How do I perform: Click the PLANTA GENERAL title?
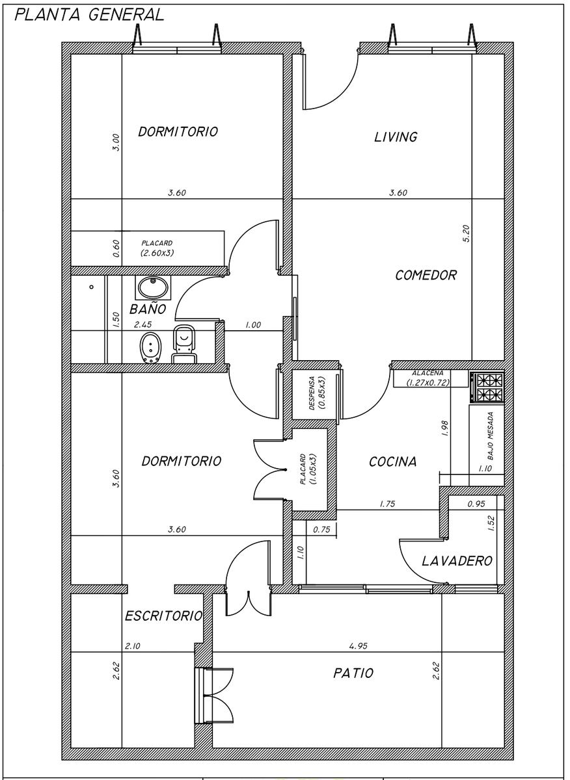89,15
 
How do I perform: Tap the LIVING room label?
396,137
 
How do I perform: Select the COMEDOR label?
426,276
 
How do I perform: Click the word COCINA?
392,461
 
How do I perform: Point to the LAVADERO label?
457,561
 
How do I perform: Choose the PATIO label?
353,673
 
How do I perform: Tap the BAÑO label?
148,309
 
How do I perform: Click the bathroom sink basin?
153,287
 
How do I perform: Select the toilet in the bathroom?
184,344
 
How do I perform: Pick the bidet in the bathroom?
151,348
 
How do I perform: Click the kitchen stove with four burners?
487,387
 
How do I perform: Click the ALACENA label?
428,373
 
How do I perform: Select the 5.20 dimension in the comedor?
467,233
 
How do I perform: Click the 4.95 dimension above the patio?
358,646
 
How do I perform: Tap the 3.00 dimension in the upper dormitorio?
116,142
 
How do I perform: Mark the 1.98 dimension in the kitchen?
444,428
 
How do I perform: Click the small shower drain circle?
91,287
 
